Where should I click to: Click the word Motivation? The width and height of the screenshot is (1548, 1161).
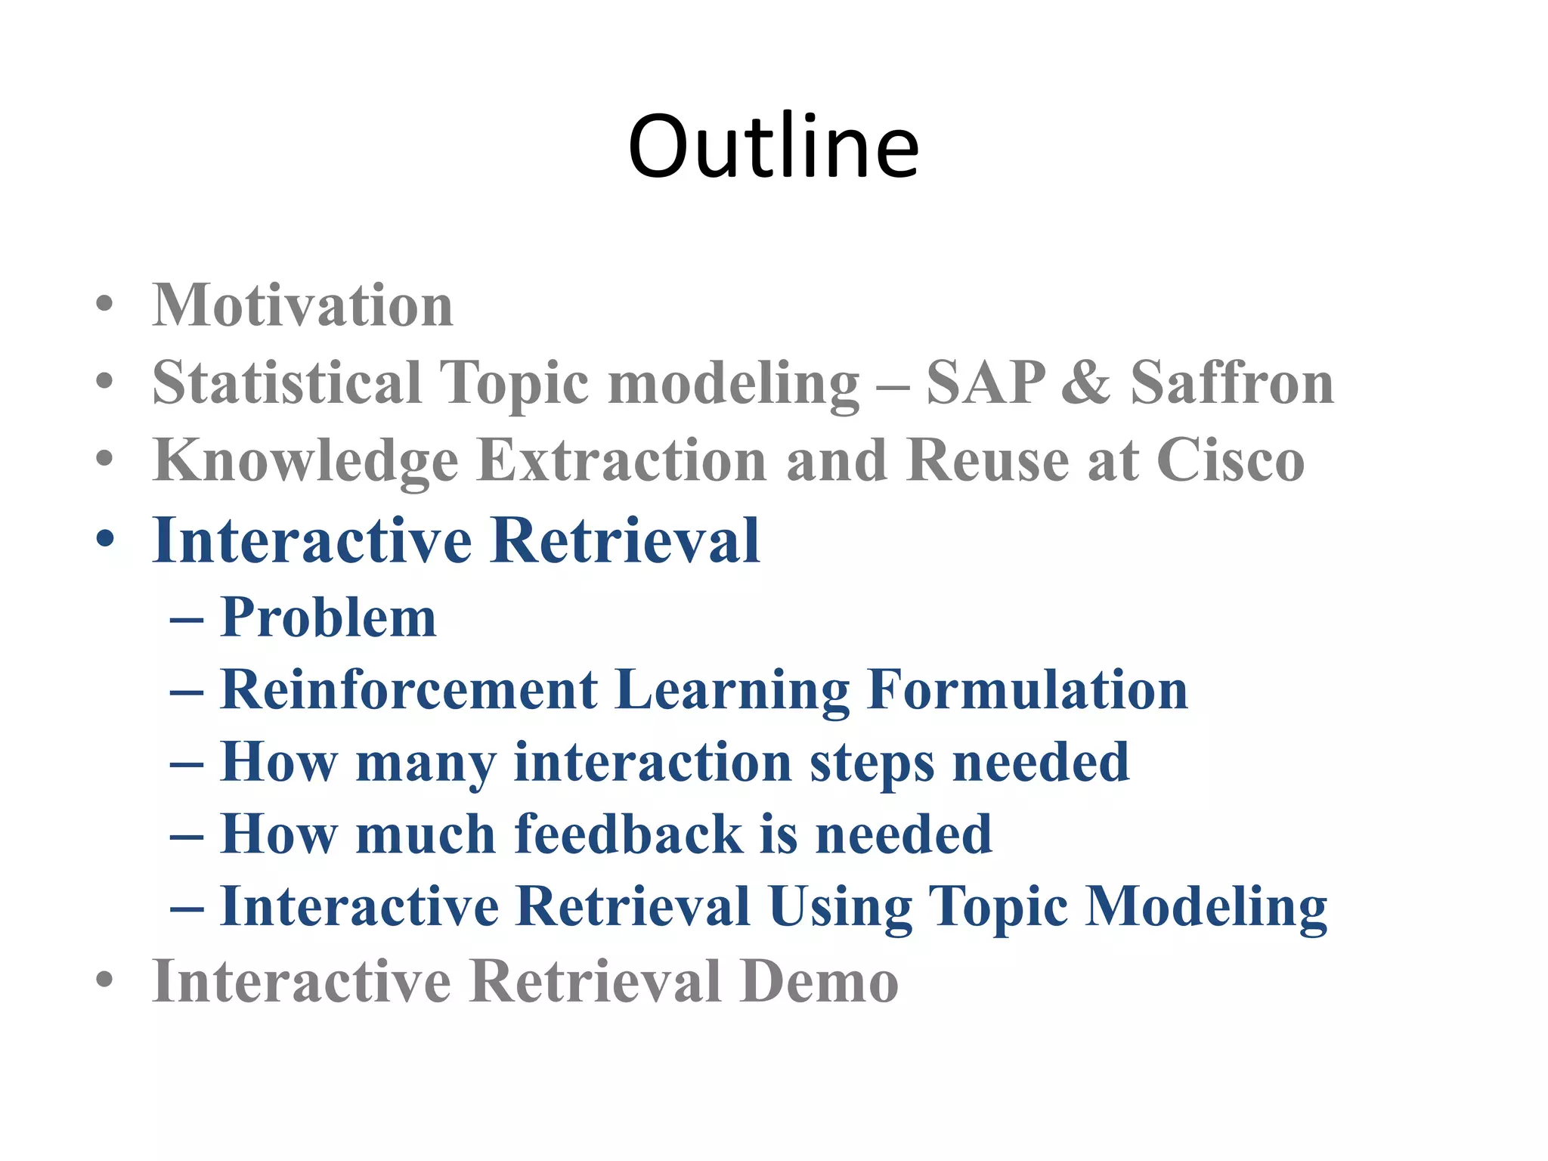(x=302, y=305)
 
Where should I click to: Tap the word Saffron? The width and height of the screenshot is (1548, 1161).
(x=1232, y=382)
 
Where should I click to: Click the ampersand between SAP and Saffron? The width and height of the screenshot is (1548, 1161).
(x=1086, y=382)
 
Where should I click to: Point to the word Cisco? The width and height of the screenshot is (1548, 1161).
(x=1230, y=460)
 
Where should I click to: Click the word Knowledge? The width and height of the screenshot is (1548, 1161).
(x=305, y=461)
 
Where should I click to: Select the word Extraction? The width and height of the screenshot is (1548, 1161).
(x=622, y=460)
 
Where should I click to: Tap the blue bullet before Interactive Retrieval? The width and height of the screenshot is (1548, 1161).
(x=105, y=540)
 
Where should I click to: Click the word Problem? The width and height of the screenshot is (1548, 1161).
(x=328, y=618)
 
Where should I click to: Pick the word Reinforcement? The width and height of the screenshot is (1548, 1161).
(x=409, y=689)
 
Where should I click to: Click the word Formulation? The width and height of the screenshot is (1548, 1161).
(x=1027, y=689)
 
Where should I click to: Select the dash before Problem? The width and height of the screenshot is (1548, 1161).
(x=187, y=620)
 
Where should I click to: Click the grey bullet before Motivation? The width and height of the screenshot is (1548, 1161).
(x=105, y=304)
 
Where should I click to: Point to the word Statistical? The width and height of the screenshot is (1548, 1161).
(x=286, y=382)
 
